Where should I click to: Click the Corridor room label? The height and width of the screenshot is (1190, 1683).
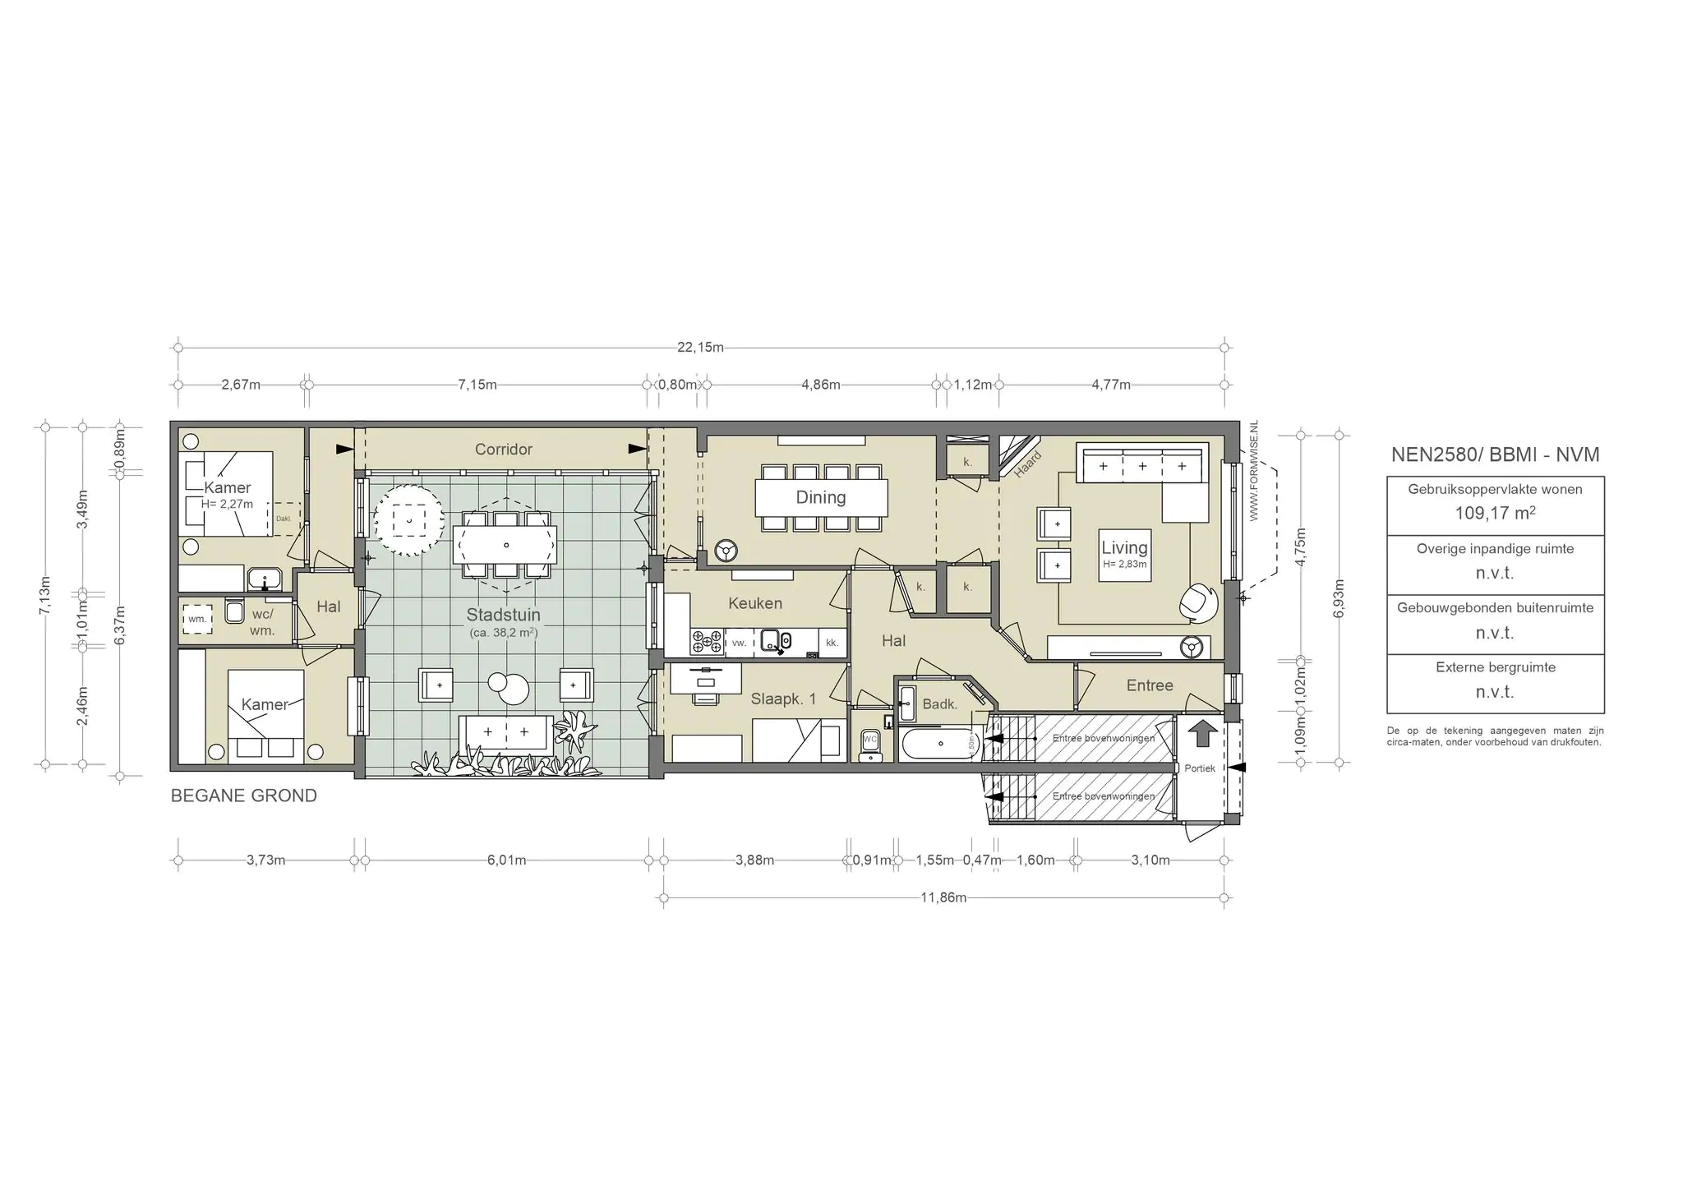(x=503, y=450)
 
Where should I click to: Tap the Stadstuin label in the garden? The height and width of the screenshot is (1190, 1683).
(x=503, y=615)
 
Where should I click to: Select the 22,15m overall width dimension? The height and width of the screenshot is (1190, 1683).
(x=700, y=347)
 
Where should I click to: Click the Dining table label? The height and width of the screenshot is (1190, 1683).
(x=820, y=497)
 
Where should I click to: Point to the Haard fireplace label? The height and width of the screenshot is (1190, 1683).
(x=1027, y=464)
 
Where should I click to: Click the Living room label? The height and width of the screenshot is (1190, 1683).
(x=1124, y=548)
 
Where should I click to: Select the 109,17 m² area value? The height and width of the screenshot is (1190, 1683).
(x=1495, y=514)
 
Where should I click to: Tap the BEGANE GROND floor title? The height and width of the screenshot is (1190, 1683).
(x=243, y=796)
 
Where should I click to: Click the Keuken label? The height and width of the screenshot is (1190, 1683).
(x=754, y=603)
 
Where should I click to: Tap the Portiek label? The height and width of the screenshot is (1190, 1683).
(x=1200, y=768)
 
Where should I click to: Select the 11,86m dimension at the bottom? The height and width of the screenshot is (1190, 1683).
(x=943, y=897)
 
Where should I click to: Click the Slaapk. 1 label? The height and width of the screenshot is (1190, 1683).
(x=783, y=699)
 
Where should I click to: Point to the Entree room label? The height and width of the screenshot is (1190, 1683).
(x=1149, y=685)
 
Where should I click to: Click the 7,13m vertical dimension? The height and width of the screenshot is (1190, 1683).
(x=45, y=596)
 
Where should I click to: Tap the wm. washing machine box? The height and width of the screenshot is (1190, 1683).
(x=197, y=619)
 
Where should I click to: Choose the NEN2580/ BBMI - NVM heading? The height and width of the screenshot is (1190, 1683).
(x=1495, y=455)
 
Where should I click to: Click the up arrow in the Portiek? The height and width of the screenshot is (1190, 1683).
(x=1202, y=732)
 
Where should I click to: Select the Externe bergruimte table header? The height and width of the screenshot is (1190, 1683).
(x=1495, y=667)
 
